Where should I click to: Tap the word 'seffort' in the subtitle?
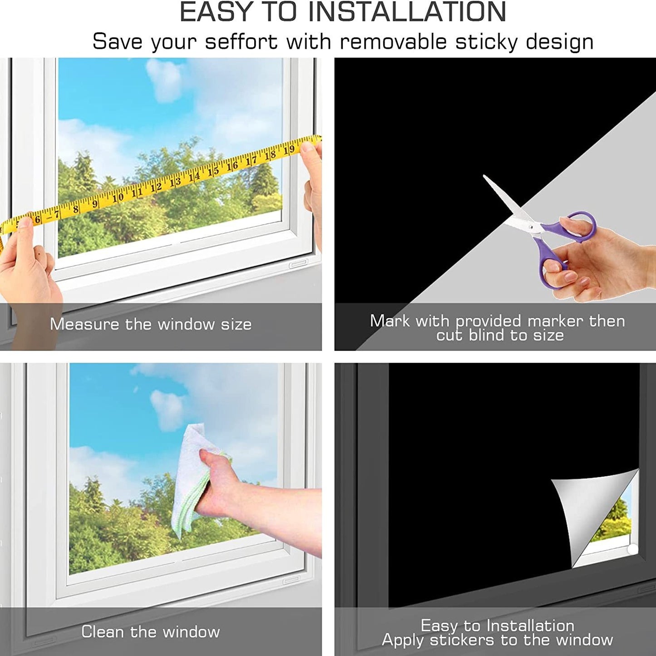coord(242,42)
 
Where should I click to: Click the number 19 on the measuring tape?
coord(289,150)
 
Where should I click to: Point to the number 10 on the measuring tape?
coord(118,197)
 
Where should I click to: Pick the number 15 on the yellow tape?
coord(213,171)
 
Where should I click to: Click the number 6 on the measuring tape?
coord(38,220)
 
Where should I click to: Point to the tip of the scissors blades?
coord(484,176)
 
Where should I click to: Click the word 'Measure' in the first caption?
coord(84,324)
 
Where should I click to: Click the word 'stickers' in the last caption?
coord(462,640)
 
